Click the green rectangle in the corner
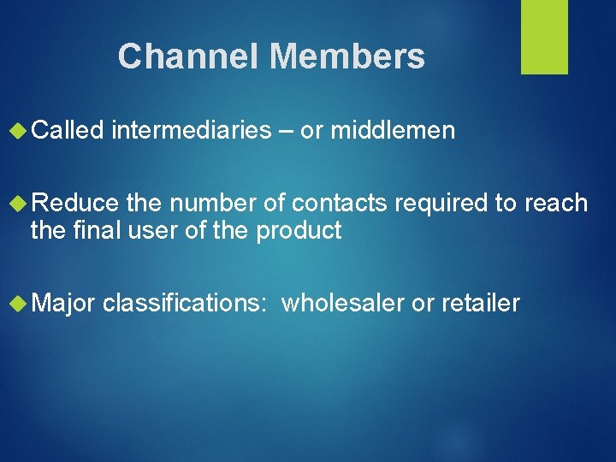tap(544, 36)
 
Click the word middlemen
tap(393, 131)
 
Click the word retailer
tap(481, 304)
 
